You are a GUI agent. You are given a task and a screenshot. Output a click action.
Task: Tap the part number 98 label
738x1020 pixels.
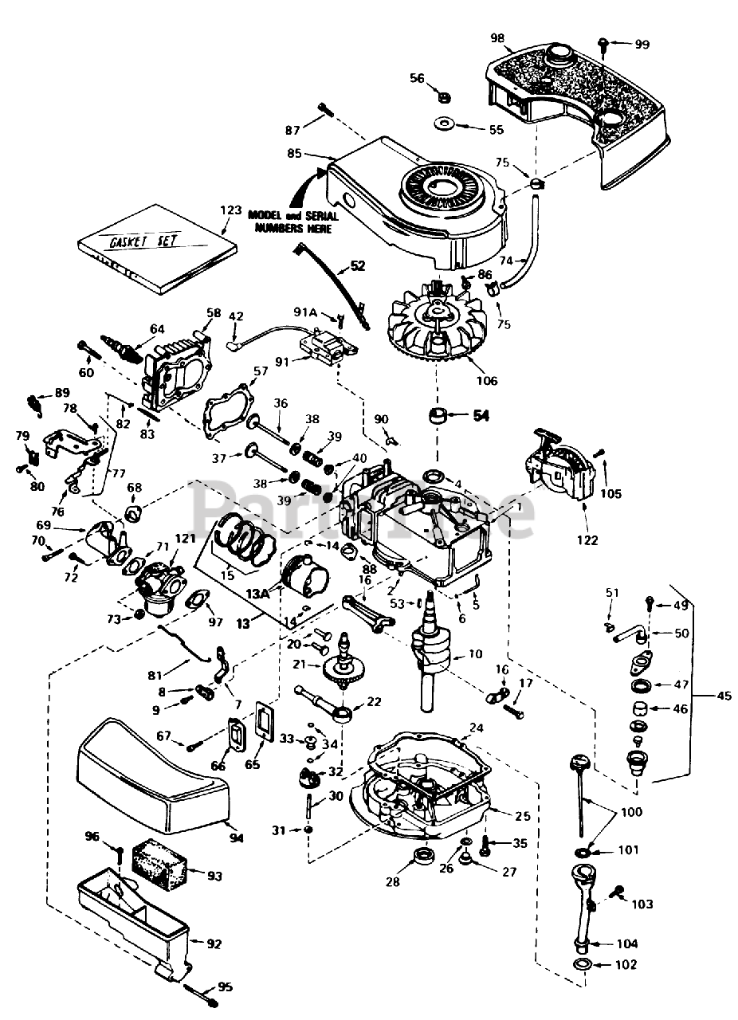click(x=497, y=38)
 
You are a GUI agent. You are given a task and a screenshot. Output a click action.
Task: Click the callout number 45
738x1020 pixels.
click(x=724, y=696)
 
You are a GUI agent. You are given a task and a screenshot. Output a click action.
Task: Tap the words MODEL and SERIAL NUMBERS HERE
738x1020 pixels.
click(x=292, y=222)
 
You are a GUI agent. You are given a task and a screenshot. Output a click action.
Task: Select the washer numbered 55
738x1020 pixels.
click(x=445, y=125)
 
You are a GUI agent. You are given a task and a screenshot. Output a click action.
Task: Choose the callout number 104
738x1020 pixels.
click(x=627, y=943)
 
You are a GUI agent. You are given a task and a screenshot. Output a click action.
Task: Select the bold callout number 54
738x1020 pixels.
click(x=481, y=415)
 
